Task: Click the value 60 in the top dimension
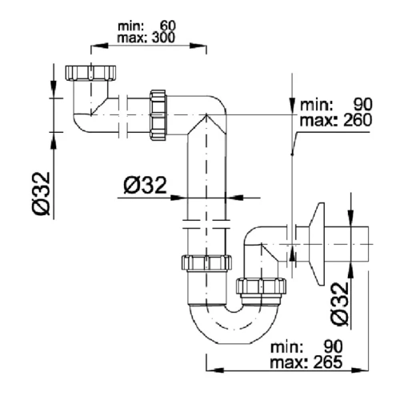pyautogui.click(x=167, y=25)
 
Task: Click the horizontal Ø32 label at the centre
pyautogui.click(x=146, y=187)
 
